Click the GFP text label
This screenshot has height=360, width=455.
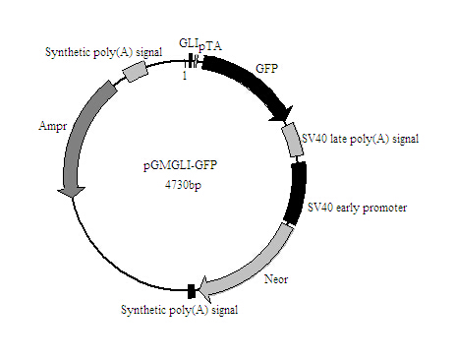(266, 69)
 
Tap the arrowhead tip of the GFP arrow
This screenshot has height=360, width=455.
(286, 119)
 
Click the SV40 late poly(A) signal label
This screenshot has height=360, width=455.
(361, 139)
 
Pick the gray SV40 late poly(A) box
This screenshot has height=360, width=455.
(293, 141)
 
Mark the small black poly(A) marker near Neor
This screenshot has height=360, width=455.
(191, 289)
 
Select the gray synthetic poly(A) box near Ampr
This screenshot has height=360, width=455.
(134, 71)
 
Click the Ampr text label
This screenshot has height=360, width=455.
(52, 127)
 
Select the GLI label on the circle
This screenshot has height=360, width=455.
(188, 42)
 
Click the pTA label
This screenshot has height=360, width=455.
(210, 46)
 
